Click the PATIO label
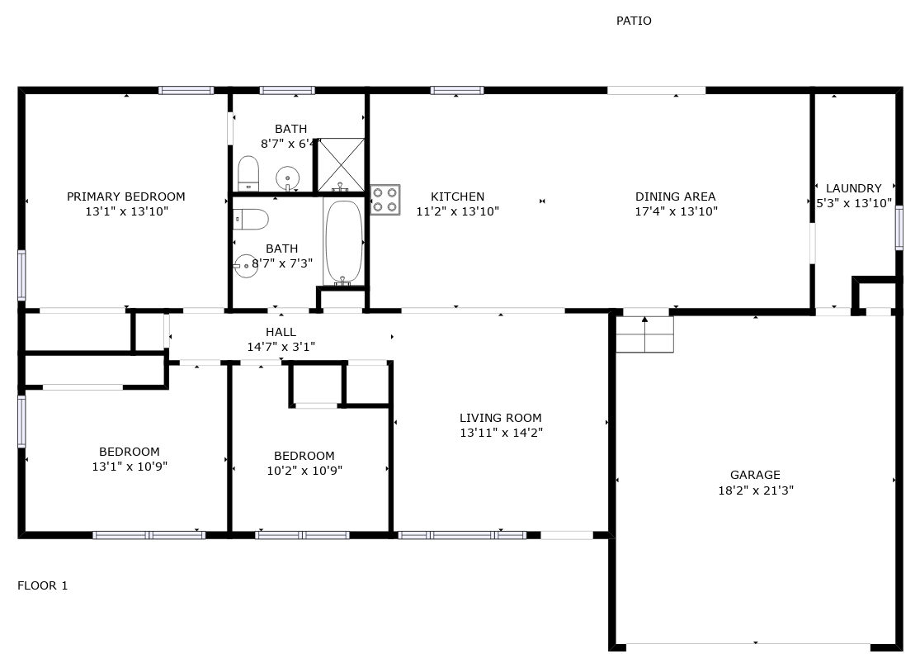(x=634, y=21)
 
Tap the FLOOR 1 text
(x=42, y=585)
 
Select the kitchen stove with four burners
(x=385, y=200)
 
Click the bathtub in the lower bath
(x=343, y=242)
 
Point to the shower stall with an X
(x=341, y=165)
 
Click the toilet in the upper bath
(x=248, y=173)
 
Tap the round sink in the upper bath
(x=287, y=178)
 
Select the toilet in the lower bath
(x=251, y=220)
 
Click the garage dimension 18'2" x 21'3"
(x=756, y=490)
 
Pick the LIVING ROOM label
(x=501, y=418)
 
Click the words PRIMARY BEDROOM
(x=126, y=197)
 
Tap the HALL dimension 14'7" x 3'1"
(x=281, y=347)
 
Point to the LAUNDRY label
(x=854, y=188)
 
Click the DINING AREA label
(x=675, y=197)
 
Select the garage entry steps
(x=644, y=334)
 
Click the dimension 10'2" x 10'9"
(x=304, y=471)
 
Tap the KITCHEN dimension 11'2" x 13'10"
(x=458, y=211)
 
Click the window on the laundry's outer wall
(x=899, y=228)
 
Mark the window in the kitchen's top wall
(x=457, y=90)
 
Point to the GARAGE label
(x=755, y=475)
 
